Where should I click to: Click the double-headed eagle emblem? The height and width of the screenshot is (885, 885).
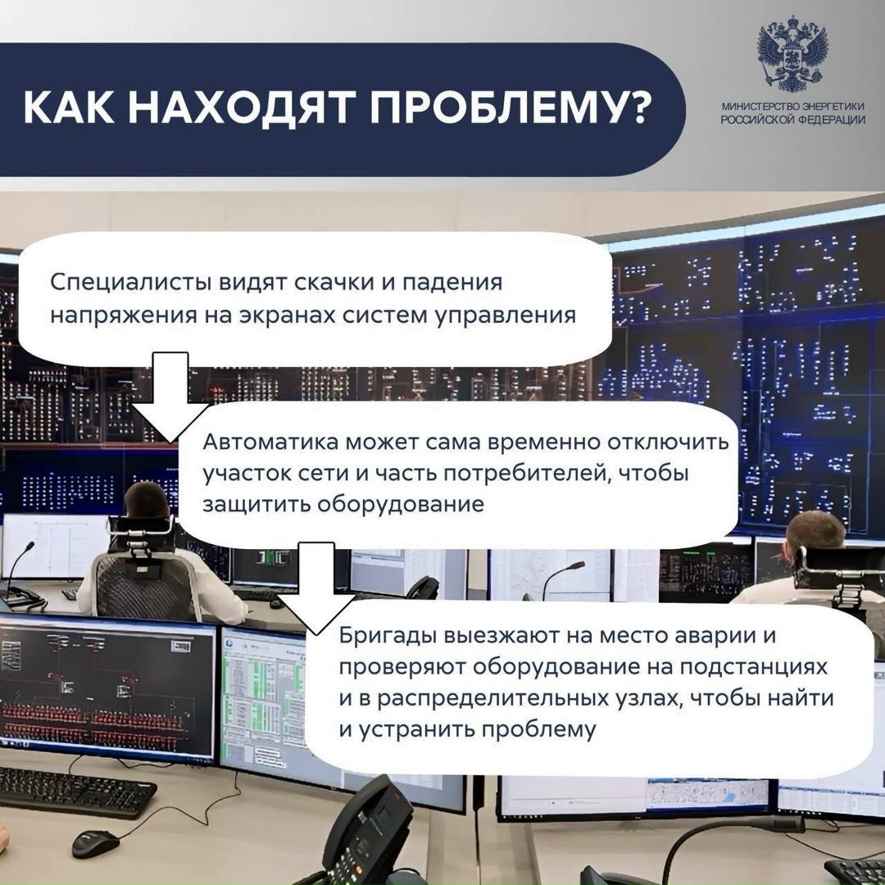[792, 57]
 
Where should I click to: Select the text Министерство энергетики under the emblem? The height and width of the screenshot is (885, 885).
[792, 107]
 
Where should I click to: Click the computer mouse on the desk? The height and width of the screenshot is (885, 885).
[95, 842]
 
